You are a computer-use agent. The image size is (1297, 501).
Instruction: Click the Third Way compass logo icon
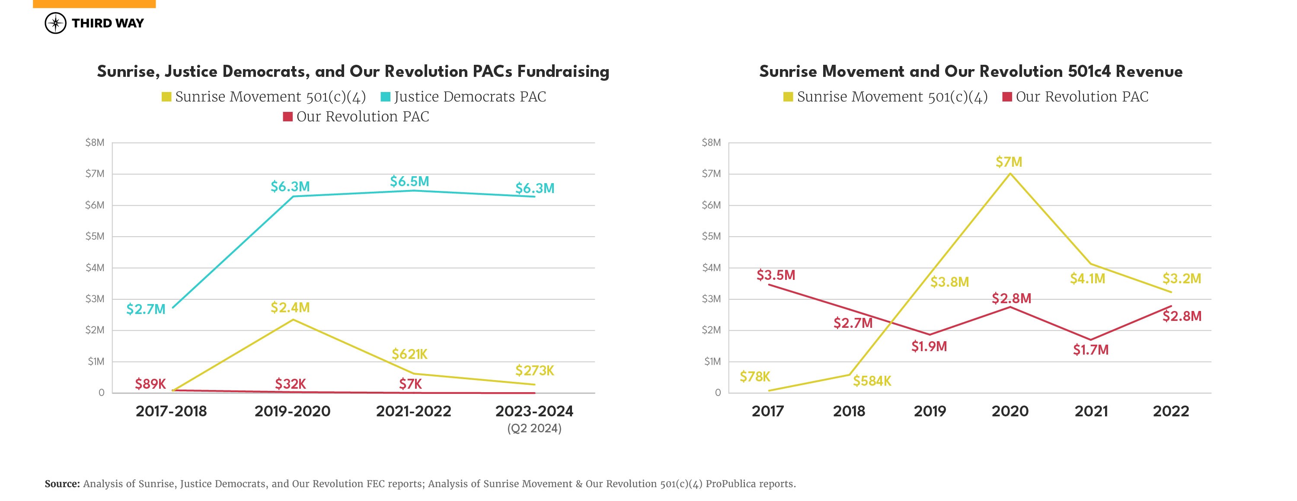[x=55, y=23]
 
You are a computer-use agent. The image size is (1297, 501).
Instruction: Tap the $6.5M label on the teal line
[x=409, y=181]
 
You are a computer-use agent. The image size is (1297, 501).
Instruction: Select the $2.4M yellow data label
[x=290, y=308]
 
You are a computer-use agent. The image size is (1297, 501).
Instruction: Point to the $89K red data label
[x=150, y=384]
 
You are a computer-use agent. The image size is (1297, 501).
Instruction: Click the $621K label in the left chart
[x=409, y=354]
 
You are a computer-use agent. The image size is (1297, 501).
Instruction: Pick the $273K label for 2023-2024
[x=534, y=371]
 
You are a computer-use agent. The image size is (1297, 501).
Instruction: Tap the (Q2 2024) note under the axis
[x=534, y=428]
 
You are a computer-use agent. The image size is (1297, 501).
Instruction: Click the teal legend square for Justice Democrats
[x=385, y=97]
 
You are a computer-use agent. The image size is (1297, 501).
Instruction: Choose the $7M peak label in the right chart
[x=1009, y=162]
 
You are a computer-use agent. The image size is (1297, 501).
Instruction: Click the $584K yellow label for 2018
[x=872, y=381]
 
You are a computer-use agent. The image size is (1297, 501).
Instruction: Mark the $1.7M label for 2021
[x=1091, y=349]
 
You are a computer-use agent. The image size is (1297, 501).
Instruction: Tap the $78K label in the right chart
[x=754, y=376]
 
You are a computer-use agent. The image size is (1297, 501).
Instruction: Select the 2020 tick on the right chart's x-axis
[x=1010, y=411]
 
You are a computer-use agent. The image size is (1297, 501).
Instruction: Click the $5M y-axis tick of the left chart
[x=95, y=236]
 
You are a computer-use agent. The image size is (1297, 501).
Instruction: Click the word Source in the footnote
[x=62, y=484]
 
